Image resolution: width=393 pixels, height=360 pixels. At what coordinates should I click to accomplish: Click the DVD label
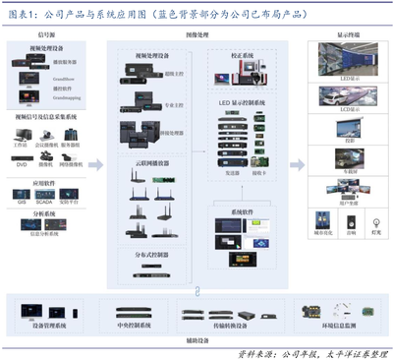pyautogui.click(x=22, y=168)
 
